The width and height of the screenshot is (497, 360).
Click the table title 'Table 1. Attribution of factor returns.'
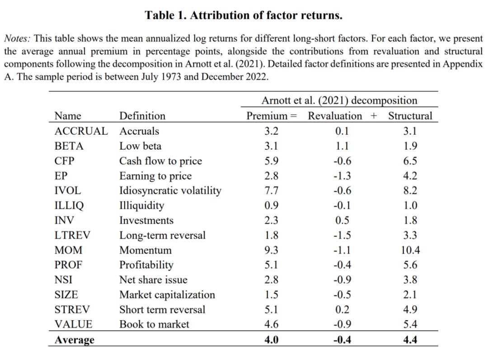244,15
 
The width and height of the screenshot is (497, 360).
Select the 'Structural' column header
410,116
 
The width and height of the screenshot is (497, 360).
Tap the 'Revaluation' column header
335,116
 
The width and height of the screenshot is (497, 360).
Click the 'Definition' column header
142,116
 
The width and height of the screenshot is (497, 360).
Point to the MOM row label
68,250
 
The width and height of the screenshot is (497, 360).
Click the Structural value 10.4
410,250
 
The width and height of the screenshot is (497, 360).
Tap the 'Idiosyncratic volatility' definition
170,190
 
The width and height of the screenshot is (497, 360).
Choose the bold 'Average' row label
75,340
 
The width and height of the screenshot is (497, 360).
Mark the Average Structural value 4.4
410,340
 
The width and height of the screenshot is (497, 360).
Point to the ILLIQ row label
69,205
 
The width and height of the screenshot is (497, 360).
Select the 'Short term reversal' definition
162,309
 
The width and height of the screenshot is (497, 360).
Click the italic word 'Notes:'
17,38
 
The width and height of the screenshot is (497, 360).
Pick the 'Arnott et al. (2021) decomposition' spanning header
339,100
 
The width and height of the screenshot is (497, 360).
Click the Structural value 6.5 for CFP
410,161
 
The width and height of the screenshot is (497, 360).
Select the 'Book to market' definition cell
154,324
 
